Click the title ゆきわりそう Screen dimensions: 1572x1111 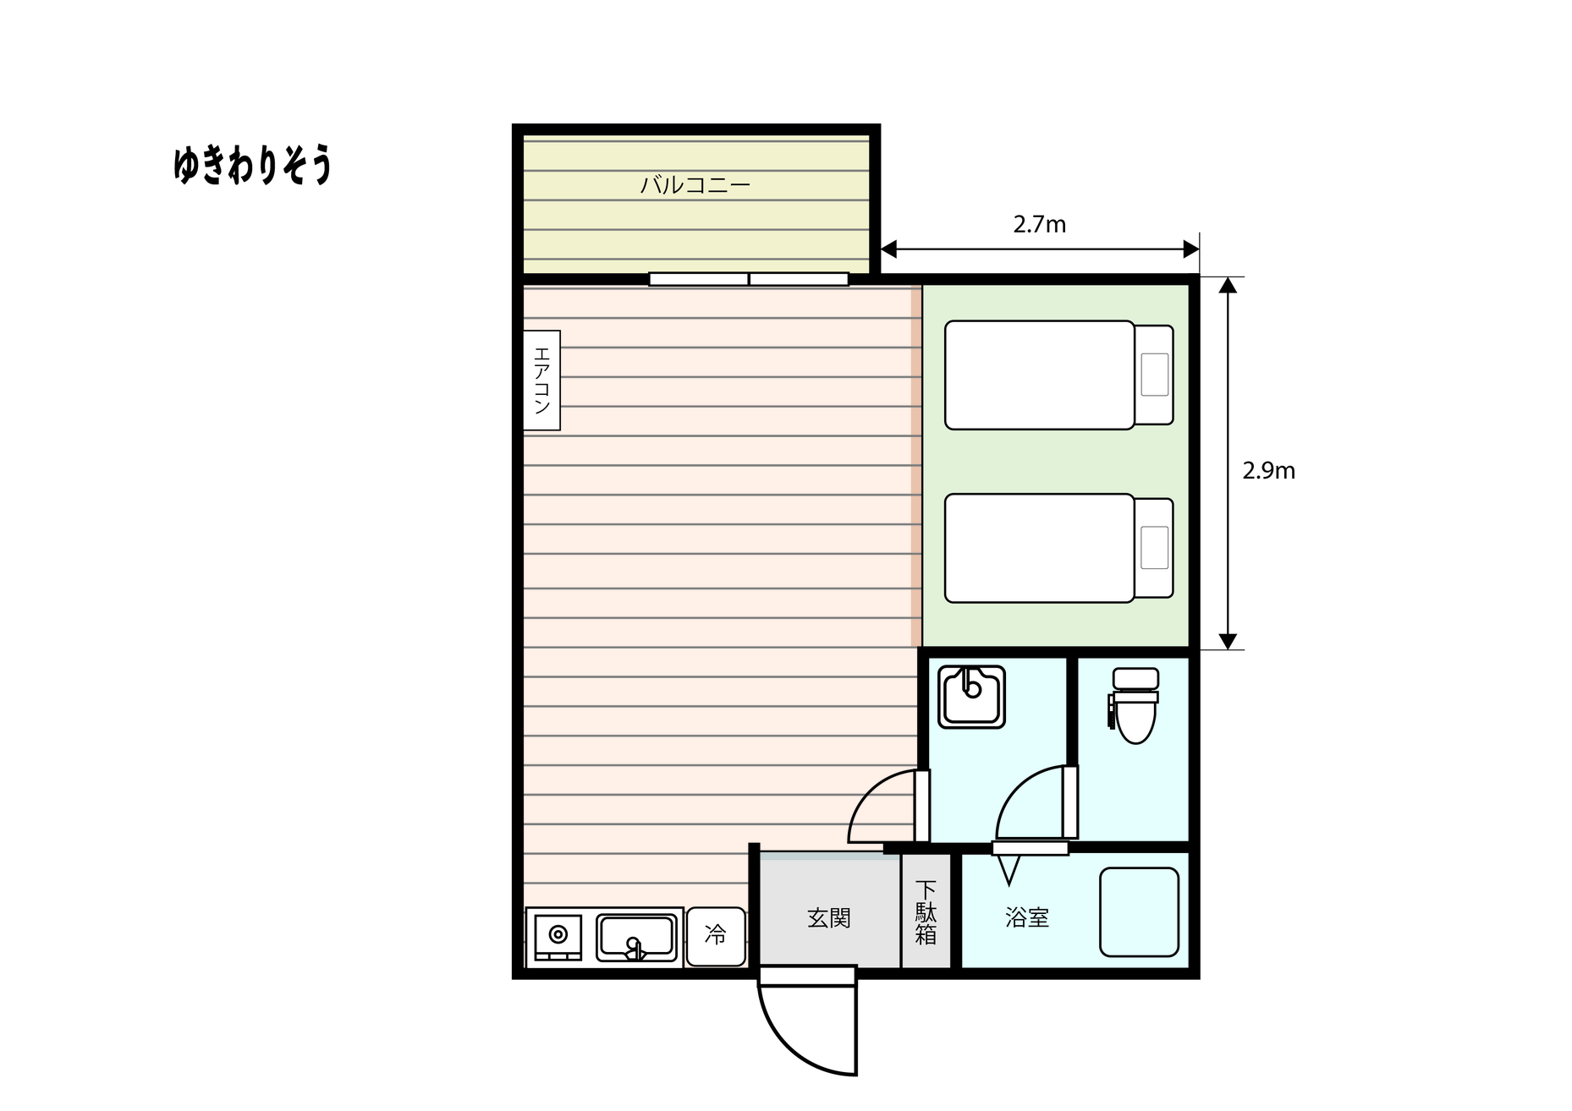[252, 165]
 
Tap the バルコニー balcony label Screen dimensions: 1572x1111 [695, 184]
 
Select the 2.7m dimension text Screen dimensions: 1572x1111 [1039, 224]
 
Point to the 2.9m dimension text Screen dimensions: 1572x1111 [1268, 471]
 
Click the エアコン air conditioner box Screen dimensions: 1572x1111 [541, 380]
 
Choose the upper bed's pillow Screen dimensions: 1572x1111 [1154, 375]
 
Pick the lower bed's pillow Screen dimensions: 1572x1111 [1154, 548]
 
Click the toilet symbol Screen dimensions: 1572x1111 [1134, 705]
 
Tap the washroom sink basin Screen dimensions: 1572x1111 [971, 697]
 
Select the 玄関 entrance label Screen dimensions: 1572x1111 [828, 917]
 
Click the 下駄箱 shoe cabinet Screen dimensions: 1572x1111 [926, 911]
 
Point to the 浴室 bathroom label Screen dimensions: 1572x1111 [1027, 917]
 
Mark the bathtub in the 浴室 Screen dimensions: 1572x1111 [1139, 912]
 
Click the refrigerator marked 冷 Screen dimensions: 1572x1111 [716, 936]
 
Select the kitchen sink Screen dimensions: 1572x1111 [636, 937]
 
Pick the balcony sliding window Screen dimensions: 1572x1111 [749, 279]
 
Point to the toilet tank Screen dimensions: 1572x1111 [1135, 678]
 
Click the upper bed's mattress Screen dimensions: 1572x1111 [1039, 375]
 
